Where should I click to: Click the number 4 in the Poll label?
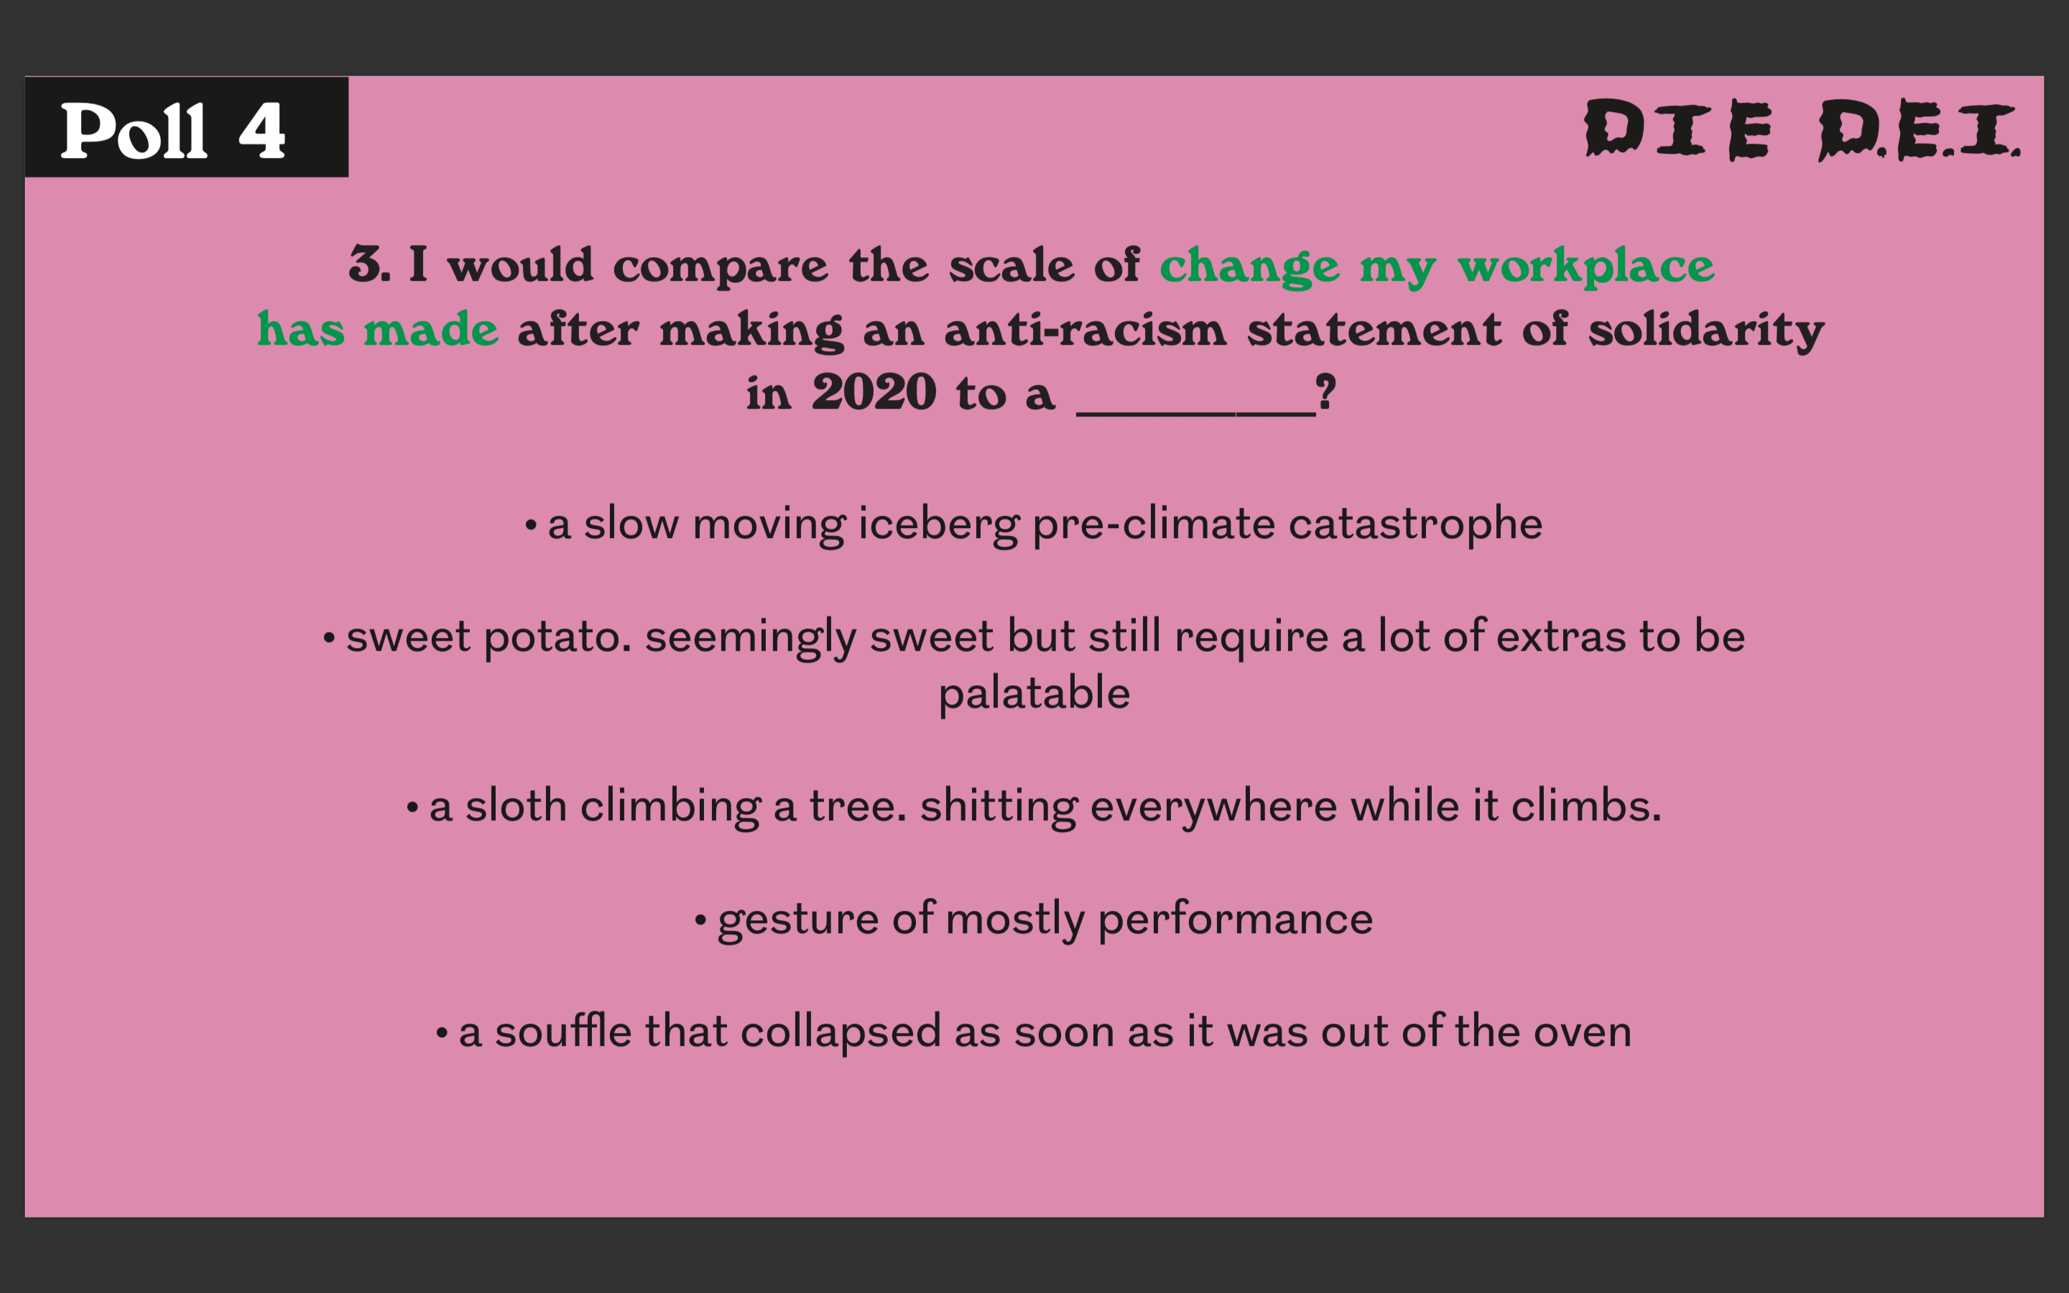pos(261,130)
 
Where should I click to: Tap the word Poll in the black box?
pos(134,130)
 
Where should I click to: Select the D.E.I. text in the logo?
pos(1920,129)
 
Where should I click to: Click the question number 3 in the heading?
pos(365,264)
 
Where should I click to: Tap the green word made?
pos(431,329)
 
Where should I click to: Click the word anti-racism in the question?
pos(1086,329)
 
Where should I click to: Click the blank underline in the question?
pos(1196,414)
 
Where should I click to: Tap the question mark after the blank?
pos(1326,392)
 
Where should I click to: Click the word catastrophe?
pos(1415,524)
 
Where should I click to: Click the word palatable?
pos(1034,693)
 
